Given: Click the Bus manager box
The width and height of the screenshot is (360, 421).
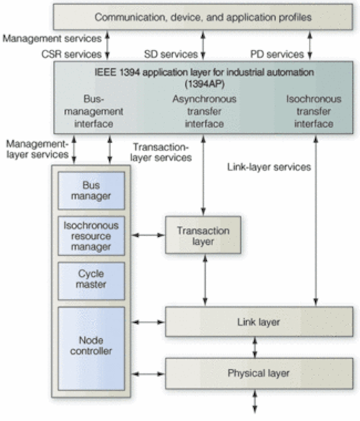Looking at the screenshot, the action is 91,191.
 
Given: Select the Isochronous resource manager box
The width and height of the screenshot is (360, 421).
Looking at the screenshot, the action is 91,236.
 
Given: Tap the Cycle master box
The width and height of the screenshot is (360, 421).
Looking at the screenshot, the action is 91,281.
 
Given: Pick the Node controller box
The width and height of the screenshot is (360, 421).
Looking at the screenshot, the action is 91,348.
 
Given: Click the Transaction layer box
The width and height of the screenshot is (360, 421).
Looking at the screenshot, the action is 203,235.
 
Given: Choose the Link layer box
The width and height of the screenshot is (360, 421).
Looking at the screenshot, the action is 259,322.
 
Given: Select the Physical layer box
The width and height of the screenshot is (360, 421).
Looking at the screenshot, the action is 259,374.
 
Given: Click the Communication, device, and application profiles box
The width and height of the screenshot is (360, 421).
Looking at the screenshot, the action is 203,17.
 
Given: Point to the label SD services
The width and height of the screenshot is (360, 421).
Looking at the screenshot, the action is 171,54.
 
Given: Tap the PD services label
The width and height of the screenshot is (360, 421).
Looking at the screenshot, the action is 277,54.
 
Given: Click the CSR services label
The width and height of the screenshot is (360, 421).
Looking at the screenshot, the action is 71,54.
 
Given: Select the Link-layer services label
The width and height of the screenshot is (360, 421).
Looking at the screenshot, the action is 269,167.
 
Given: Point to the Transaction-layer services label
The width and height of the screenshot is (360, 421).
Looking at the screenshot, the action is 161,153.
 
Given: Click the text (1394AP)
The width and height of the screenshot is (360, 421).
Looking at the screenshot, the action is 204,84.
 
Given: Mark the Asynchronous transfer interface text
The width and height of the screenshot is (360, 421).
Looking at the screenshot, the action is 204,111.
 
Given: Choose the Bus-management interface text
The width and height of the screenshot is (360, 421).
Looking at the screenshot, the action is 94,111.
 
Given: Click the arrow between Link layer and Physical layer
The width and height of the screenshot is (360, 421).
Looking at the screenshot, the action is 255,348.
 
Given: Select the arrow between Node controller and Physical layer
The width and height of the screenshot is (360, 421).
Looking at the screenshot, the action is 148,374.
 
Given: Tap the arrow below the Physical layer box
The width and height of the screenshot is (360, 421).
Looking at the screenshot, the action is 255,402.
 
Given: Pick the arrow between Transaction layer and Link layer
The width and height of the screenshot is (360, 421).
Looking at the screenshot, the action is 205,280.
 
